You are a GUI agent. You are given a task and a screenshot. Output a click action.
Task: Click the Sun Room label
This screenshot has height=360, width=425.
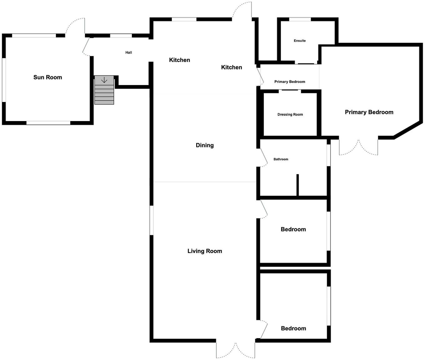tap(48, 77)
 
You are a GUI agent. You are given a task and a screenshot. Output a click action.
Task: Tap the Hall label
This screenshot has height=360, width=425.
tap(129, 53)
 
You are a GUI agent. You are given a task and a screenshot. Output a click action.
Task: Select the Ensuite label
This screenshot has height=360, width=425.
tap(300, 41)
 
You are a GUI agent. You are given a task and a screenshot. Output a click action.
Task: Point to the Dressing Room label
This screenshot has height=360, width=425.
tap(290, 114)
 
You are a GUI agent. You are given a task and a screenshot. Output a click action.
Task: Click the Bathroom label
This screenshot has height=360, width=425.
tap(281, 159)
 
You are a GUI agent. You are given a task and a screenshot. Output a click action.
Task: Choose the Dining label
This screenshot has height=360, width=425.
tap(205, 145)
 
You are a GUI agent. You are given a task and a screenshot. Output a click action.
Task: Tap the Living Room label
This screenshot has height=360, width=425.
tap(205, 251)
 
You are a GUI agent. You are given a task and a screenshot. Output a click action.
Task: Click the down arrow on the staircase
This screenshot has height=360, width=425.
tap(104, 80)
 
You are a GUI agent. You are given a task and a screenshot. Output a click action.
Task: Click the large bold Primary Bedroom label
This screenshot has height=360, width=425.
tap(369, 112)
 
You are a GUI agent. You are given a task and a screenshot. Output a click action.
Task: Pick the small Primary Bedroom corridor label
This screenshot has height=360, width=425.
tap(290, 82)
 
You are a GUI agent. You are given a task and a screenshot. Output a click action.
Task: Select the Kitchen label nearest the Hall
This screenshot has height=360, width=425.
tap(179, 60)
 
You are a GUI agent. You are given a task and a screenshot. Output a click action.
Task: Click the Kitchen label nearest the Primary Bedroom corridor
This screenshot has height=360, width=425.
tap(232, 67)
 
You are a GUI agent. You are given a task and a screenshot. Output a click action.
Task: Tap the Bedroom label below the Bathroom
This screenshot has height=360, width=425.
tap(293, 229)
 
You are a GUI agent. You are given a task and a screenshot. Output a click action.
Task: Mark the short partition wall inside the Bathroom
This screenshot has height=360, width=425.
tap(297, 185)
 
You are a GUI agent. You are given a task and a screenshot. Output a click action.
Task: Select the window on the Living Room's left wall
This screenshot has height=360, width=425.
tap(151, 220)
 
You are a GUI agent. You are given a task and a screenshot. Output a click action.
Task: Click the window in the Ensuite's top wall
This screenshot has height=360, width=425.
tap(300, 19)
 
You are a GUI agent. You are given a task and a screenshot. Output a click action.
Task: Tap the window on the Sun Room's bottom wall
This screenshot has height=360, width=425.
tap(48, 123)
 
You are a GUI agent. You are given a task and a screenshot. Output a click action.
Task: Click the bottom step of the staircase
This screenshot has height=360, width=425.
tap(104, 102)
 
